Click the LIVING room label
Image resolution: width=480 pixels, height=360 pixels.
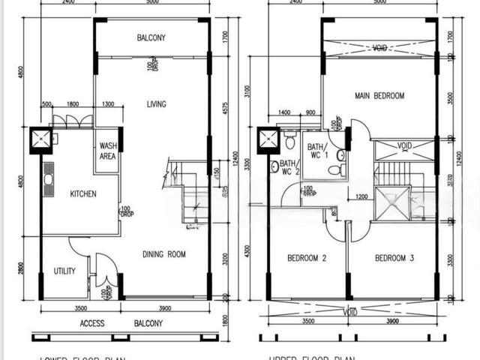[x=157, y=104]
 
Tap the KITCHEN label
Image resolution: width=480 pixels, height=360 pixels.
[x=83, y=194]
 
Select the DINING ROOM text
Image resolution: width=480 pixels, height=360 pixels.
[x=163, y=255]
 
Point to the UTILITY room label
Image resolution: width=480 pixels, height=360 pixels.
[x=64, y=271]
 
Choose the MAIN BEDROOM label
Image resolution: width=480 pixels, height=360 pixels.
[x=379, y=96]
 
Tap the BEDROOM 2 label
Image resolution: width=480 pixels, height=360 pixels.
[x=307, y=259]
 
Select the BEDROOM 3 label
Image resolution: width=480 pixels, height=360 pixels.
[x=394, y=259]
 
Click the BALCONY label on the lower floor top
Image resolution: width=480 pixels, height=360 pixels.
[x=151, y=37]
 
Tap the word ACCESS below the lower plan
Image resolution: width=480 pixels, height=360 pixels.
[x=92, y=324]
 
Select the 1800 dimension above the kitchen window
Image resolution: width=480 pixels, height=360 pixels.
[x=73, y=105]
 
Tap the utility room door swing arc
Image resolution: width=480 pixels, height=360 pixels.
[x=79, y=244]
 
